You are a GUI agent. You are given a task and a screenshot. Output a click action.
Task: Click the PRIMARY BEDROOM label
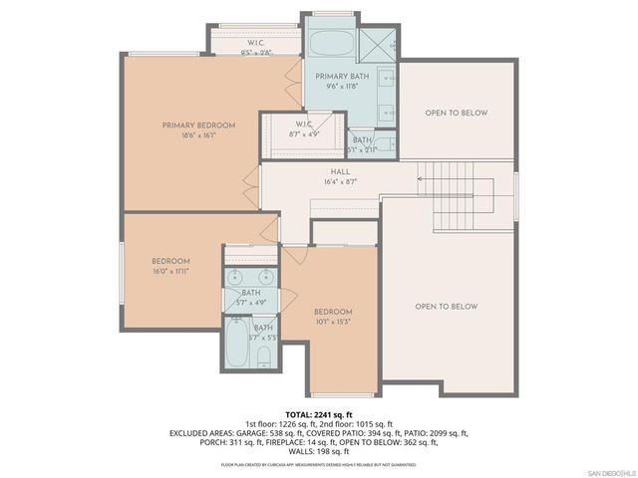[199, 125]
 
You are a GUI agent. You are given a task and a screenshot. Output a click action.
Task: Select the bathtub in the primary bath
[329, 45]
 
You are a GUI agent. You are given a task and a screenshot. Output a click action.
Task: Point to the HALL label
[340, 171]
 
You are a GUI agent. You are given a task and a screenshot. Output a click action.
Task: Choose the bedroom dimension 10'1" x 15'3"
[333, 322]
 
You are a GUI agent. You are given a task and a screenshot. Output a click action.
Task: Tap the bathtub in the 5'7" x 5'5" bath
[238, 344]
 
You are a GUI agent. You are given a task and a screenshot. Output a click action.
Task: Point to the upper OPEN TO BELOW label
[457, 113]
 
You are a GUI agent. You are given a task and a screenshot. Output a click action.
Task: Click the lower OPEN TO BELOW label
[447, 307]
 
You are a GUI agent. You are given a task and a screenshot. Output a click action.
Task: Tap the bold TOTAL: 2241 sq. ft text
[319, 414]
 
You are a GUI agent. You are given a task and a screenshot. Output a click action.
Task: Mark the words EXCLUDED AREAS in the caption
[200, 434]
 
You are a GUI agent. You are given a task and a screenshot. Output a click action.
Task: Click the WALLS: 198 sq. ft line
[319, 452]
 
